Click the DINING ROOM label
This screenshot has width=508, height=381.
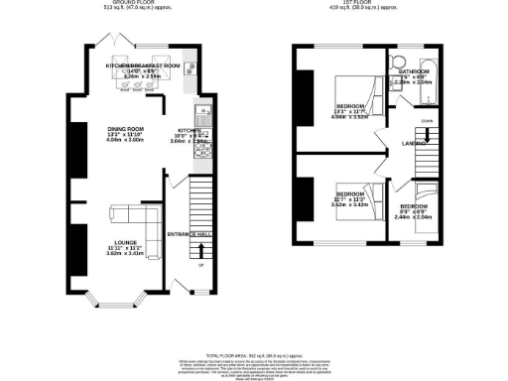pos(127,129)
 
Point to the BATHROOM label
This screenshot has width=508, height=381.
pos(413,72)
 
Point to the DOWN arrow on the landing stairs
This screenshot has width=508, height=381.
pos(427,121)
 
